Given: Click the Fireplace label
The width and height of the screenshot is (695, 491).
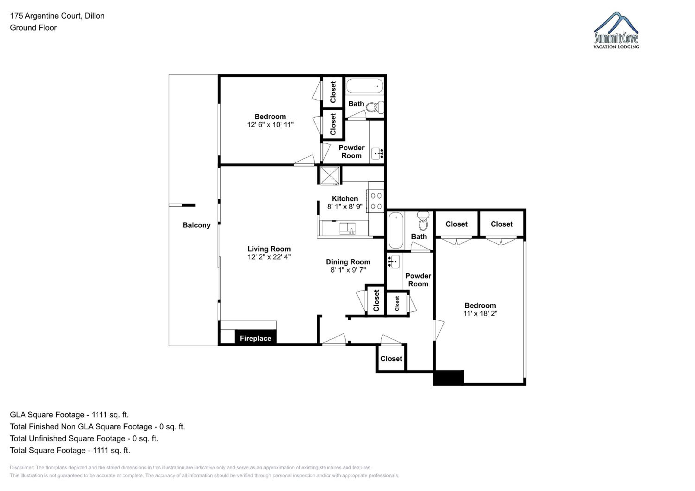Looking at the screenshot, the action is [x=256, y=338].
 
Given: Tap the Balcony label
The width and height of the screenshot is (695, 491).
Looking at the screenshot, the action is [x=196, y=225].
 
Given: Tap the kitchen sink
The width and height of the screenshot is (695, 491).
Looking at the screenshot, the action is [x=347, y=229].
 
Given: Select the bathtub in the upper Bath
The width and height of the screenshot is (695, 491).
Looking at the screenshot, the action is [x=365, y=86].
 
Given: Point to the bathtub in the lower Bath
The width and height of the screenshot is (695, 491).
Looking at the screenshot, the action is [x=396, y=230].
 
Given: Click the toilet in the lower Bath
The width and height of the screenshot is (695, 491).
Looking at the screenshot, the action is [x=423, y=221].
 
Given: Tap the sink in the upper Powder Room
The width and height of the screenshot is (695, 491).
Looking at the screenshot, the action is [x=377, y=154].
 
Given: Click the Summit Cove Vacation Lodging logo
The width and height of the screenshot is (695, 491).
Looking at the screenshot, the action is [x=616, y=30].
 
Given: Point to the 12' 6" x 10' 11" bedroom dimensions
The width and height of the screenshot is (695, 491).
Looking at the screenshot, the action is [x=270, y=124].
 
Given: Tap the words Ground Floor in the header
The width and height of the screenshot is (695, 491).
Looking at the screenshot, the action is [x=33, y=28].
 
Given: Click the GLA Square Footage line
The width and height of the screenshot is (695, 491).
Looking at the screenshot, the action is [x=69, y=415].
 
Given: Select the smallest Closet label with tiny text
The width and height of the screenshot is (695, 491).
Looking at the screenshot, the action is [x=397, y=304].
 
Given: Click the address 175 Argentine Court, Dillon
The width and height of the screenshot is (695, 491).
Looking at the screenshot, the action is [x=57, y=16].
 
